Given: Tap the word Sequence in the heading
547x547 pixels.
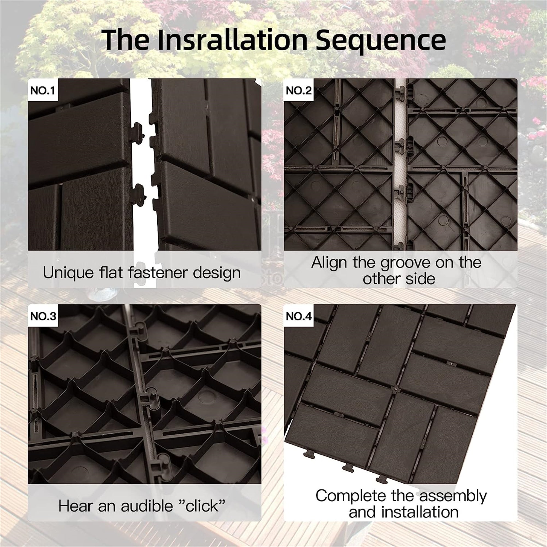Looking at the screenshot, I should (x=380, y=40).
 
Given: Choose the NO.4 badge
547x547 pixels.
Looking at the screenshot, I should (x=299, y=316).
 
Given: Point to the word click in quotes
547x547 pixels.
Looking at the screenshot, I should (x=202, y=506).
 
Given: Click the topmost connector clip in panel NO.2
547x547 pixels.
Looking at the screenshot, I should (x=400, y=93).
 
